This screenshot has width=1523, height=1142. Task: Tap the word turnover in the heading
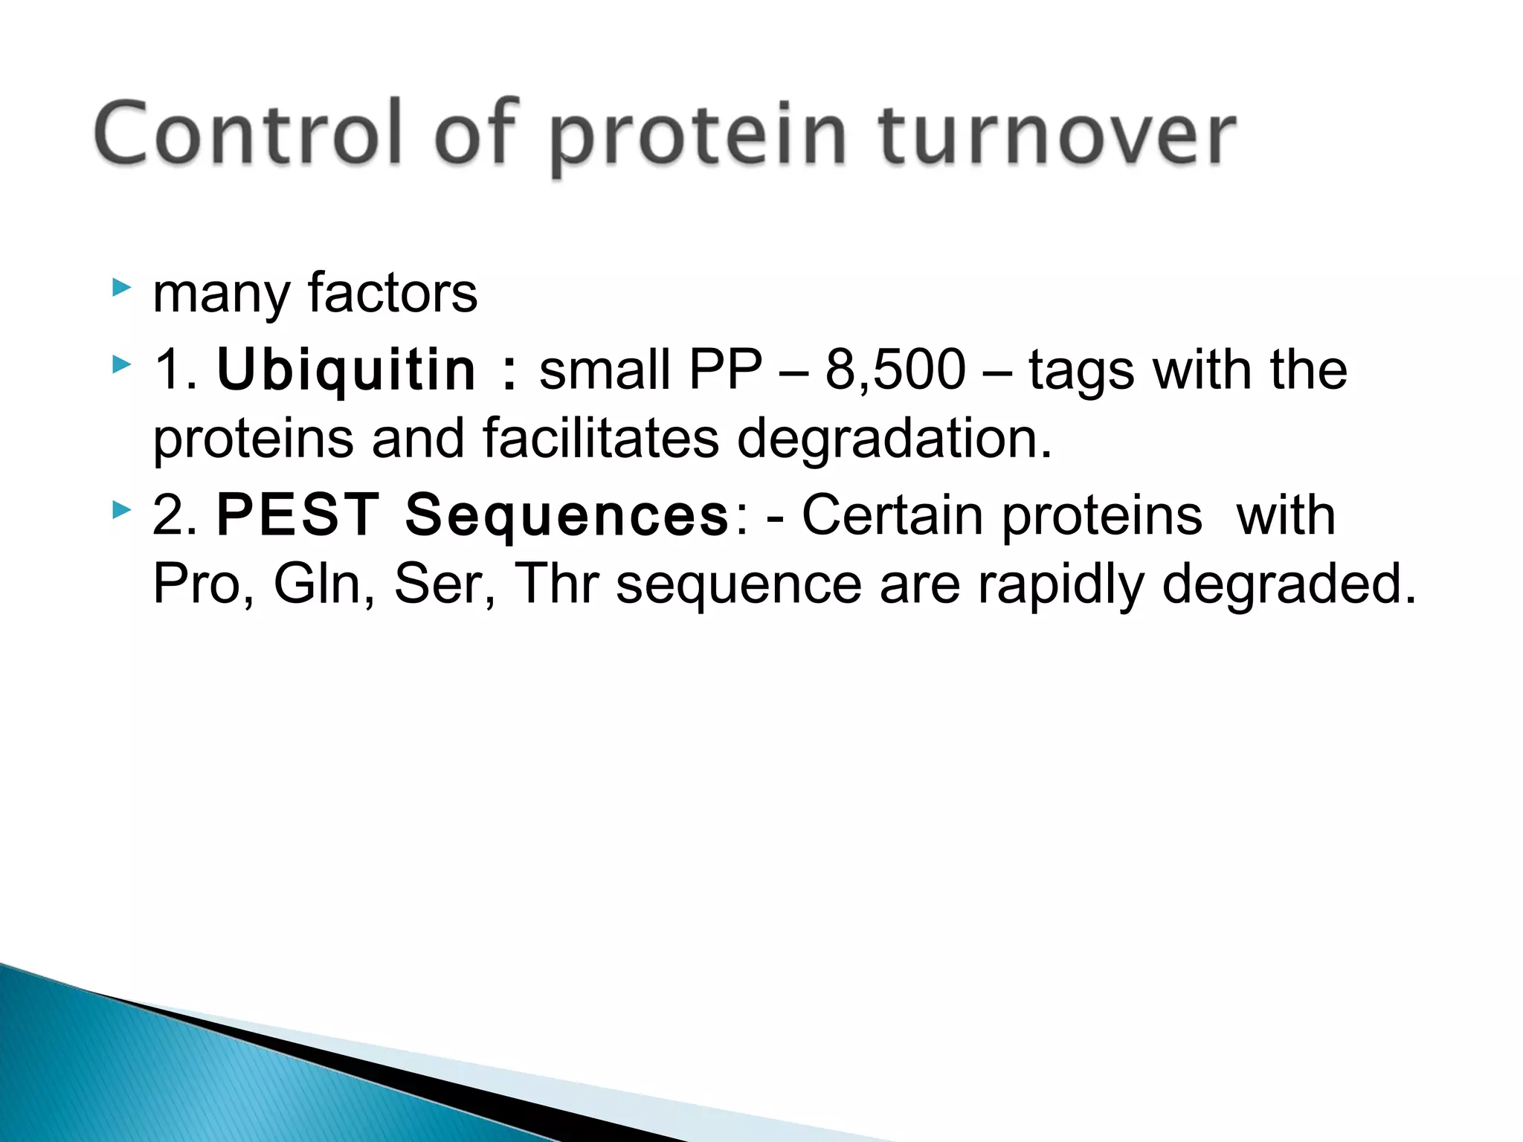coord(1057,135)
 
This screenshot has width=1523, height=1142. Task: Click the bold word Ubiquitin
coord(346,370)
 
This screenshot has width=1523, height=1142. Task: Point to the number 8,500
coord(895,370)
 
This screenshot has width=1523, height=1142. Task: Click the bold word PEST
coord(297,514)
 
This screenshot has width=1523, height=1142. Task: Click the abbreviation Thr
coord(557,584)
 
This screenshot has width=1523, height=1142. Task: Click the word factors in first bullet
coord(392,293)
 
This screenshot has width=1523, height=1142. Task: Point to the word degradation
coord(894,439)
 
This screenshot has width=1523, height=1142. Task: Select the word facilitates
coord(601,439)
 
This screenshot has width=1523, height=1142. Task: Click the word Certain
coord(892,514)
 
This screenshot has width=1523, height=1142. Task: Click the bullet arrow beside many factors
coord(121,288)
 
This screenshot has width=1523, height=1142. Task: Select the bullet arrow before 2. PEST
coord(121,510)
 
